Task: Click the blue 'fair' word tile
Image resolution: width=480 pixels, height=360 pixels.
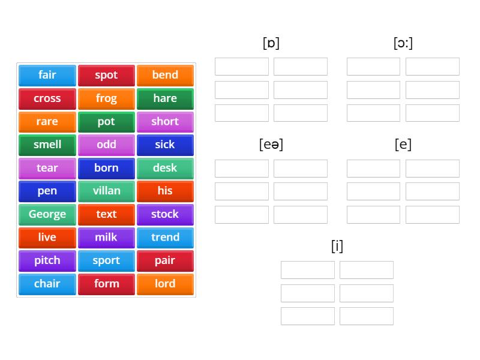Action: pyautogui.click(x=47, y=76)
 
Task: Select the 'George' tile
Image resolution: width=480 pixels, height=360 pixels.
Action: pyautogui.click(x=47, y=215)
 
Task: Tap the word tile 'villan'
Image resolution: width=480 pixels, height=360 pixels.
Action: pyautogui.click(x=106, y=191)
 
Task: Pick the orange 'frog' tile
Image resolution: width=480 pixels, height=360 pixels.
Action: pyautogui.click(x=106, y=98)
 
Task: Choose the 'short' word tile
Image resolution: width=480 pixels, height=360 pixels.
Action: pyautogui.click(x=165, y=122)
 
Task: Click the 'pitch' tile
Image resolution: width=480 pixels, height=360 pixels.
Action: pyautogui.click(x=47, y=261)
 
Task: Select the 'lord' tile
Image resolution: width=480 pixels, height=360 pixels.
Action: pyautogui.click(x=165, y=284)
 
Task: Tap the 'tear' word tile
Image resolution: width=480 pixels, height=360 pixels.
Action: pyautogui.click(x=47, y=169)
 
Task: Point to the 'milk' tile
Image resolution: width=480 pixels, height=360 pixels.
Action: pyautogui.click(x=106, y=238)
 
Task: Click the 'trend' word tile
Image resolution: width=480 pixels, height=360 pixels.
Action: pyautogui.click(x=165, y=238)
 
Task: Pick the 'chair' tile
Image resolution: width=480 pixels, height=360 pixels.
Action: pyautogui.click(x=47, y=284)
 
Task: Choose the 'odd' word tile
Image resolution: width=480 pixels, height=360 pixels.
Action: pyautogui.click(x=106, y=145)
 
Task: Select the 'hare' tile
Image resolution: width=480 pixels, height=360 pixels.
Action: pyautogui.click(x=165, y=98)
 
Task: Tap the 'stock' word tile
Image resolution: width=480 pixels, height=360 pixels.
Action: pyautogui.click(x=165, y=215)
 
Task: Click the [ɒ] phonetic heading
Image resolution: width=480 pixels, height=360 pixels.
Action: pyautogui.click(x=271, y=43)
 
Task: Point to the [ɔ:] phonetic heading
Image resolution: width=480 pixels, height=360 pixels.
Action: pyautogui.click(x=403, y=43)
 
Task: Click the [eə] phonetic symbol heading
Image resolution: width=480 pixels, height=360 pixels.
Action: pyautogui.click(x=271, y=145)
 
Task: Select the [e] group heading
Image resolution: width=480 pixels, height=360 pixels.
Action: pyautogui.click(x=403, y=145)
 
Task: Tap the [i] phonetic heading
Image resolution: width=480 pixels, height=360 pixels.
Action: pyautogui.click(x=337, y=246)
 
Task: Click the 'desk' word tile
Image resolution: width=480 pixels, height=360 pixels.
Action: pyautogui.click(x=165, y=169)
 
